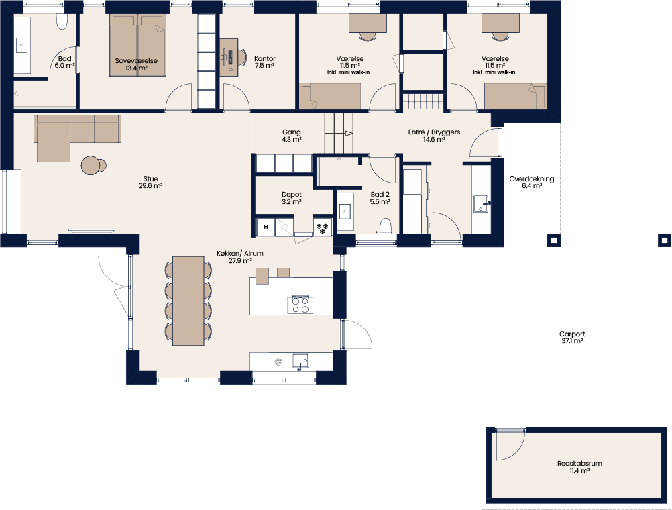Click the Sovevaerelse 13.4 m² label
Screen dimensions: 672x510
click(136, 64)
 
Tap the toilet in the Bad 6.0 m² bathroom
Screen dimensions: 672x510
click(62, 22)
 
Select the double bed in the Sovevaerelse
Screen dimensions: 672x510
click(137, 45)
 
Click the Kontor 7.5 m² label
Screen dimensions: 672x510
click(265, 62)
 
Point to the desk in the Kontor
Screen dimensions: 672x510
click(229, 58)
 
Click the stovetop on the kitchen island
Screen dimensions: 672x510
click(300, 305)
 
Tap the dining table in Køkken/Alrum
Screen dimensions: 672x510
click(188, 301)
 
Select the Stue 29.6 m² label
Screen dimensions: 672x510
click(150, 183)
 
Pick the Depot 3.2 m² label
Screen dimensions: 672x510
click(292, 198)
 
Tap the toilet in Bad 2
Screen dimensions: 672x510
click(386, 225)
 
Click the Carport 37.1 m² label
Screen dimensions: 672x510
click(571, 337)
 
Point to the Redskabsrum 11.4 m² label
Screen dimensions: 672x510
click(579, 466)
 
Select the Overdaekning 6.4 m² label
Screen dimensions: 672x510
click(531, 183)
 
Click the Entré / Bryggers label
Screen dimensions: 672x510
click(434, 132)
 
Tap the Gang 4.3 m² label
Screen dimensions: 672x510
click(292, 136)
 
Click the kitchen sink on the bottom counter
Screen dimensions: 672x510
click(300, 361)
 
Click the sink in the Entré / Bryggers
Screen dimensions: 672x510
click(482, 204)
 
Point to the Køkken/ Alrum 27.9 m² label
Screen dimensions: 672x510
click(239, 257)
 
